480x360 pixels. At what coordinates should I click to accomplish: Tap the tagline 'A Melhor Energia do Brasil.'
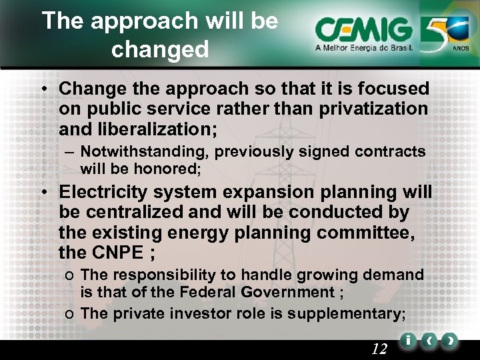coord(364,49)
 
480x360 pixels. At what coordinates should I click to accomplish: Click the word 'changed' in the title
coord(160,49)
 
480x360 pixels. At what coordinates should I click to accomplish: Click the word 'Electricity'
coord(104,193)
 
